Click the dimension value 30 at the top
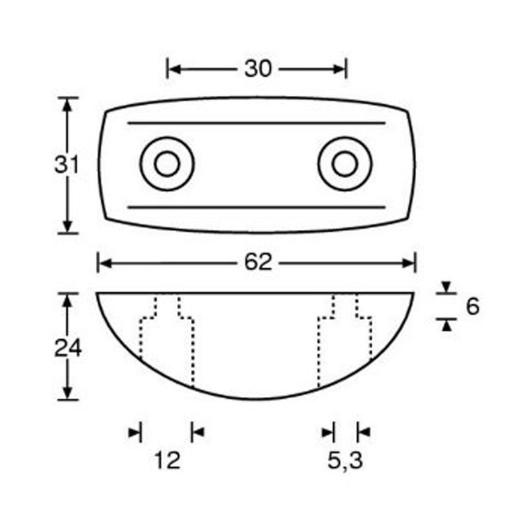click(x=258, y=68)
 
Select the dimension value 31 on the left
click(x=66, y=165)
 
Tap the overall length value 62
click(x=258, y=263)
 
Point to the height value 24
click(x=67, y=347)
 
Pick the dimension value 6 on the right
click(x=472, y=306)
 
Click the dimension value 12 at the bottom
click(x=168, y=460)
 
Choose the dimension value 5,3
click(x=344, y=460)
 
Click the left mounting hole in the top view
click(x=167, y=164)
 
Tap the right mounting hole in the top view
click(x=344, y=164)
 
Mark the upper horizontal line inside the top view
click(x=256, y=123)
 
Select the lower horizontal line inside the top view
click(x=256, y=207)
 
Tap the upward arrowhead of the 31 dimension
click(x=67, y=104)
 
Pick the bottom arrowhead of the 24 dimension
click(x=67, y=393)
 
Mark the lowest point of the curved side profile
click(x=256, y=399)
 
